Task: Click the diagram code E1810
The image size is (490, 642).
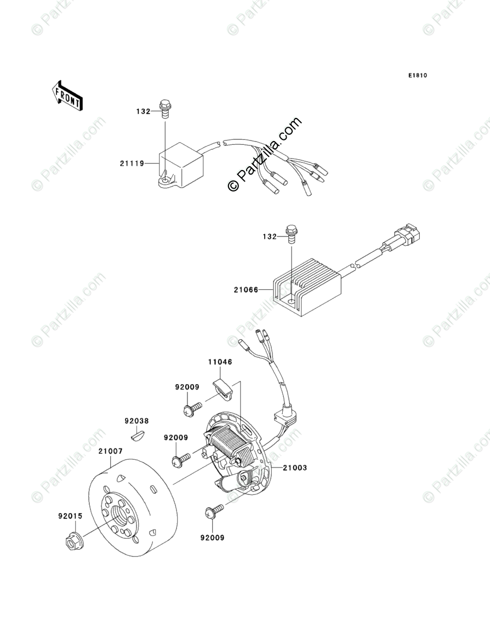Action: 417,76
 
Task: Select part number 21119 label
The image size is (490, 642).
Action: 132,163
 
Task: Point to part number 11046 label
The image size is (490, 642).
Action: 220,362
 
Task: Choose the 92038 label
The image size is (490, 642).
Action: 136,421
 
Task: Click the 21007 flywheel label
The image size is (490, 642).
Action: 111,451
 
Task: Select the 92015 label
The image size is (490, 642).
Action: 71,516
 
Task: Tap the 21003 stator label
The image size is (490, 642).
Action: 295,468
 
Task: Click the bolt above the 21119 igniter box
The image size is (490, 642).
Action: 164,108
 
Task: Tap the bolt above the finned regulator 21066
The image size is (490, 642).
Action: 291,234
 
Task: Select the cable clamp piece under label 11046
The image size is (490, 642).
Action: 224,387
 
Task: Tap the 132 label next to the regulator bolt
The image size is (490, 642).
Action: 269,236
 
